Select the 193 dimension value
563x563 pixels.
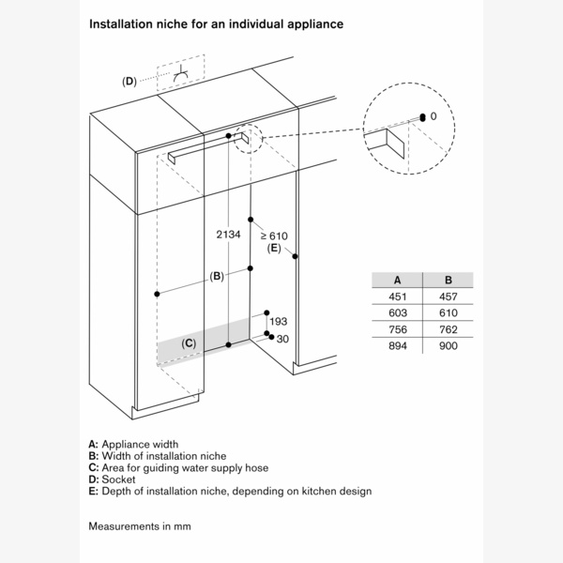pos(278,322)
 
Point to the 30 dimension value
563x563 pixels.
pos(282,339)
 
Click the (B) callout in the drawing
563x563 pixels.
pos(217,276)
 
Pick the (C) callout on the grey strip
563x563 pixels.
pos(189,344)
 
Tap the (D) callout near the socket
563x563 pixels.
pos(129,82)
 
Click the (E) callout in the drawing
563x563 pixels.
pos(274,249)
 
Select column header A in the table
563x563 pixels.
pos(398,280)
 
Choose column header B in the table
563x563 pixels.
pos(449,280)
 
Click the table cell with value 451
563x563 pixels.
pos(398,297)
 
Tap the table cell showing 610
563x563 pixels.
pos(449,312)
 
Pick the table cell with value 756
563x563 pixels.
pos(398,329)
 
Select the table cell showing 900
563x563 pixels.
pos(449,345)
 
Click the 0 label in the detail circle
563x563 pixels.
pos(434,116)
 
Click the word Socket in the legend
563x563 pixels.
pos(117,479)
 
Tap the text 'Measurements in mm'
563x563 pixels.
pos(139,525)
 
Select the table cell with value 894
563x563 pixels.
pos(398,345)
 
